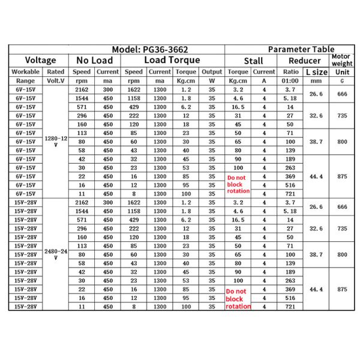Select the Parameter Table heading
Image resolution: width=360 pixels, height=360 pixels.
point(301,49)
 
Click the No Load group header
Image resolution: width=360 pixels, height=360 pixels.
point(95,60)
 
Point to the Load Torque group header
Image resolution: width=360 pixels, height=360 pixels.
point(172,60)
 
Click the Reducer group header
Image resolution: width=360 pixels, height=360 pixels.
point(304,61)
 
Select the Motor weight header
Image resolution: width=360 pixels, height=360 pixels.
point(342,60)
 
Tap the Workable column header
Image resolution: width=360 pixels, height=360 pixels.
point(25,72)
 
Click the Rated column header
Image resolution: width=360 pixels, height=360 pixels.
point(55,72)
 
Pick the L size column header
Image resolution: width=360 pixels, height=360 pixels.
point(317,72)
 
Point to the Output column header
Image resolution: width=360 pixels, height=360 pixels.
point(211,72)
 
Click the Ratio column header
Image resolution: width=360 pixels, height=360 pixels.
point(290,72)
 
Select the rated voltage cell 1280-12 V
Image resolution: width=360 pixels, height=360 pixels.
point(55,140)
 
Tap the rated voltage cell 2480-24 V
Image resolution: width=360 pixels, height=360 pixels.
point(55,254)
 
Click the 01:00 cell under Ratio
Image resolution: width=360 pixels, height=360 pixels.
point(290,80)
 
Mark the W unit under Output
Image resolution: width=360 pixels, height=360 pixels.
point(211,80)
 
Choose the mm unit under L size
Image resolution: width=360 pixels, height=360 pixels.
point(317,80)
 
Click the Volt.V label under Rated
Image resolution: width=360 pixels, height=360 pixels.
point(55,80)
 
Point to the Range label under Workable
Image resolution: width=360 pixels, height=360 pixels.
point(25,80)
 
